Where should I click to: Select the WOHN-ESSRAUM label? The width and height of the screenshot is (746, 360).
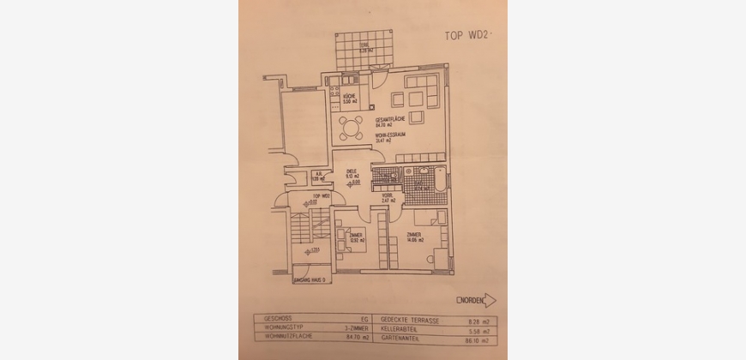(389, 138)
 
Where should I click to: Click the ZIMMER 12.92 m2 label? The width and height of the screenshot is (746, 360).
(356, 237)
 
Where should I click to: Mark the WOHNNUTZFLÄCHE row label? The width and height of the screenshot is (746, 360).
(282, 336)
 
